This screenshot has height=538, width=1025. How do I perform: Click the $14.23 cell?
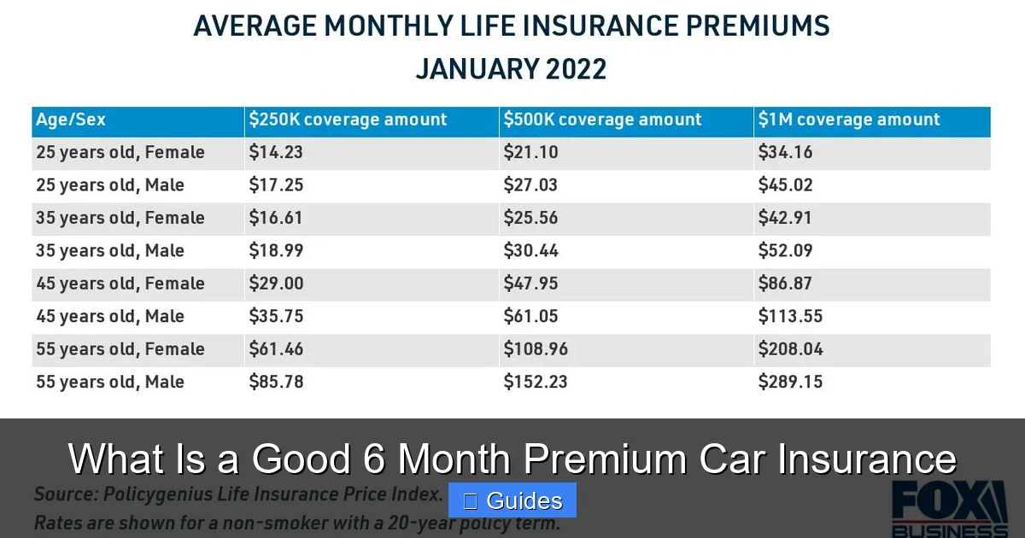276,153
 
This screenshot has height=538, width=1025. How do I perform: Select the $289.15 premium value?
790,382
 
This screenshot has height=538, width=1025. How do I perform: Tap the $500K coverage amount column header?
602,120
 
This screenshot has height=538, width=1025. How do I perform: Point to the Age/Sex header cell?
71,120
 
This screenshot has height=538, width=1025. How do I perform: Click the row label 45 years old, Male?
110,317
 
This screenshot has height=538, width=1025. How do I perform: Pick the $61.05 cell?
530,317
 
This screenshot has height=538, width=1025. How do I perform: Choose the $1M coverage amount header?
849,120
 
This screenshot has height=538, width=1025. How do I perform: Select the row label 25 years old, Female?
120,153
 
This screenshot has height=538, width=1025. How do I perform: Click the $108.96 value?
536,349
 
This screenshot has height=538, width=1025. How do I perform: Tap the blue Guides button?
512,500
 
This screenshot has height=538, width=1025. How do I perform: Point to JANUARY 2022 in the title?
511,68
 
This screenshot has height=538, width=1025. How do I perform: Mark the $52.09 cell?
785,251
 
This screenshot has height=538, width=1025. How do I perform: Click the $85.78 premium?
276,382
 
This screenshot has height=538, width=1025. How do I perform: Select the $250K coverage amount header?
348,120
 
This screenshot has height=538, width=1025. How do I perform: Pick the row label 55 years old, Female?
120,349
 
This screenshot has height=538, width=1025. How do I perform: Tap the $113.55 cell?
790,317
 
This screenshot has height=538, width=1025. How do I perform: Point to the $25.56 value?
530,219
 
